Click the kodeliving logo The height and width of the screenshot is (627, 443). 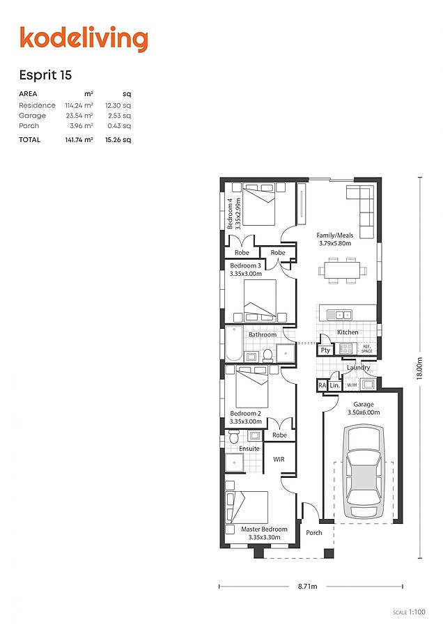pyautogui.click(x=84, y=39)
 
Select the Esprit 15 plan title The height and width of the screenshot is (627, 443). pyautogui.click(x=45, y=75)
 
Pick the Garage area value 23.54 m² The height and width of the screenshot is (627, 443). pyautogui.click(x=79, y=116)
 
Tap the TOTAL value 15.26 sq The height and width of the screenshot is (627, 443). pyautogui.click(x=118, y=140)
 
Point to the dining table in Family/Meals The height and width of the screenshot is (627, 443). pyautogui.click(x=342, y=271)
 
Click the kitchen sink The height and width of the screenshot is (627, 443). pyautogui.click(x=339, y=315)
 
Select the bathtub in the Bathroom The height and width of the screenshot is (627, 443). pyautogui.click(x=234, y=344)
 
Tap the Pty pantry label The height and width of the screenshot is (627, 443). pyautogui.click(x=325, y=350)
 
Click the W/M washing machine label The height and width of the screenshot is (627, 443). pyautogui.click(x=352, y=385)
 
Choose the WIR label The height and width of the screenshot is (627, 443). pyautogui.click(x=279, y=460)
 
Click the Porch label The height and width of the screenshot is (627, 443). pyautogui.click(x=314, y=533)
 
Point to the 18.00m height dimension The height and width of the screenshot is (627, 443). pyautogui.click(x=419, y=368)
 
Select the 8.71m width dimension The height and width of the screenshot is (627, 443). pyautogui.click(x=307, y=586)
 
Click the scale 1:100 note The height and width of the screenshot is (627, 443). pyautogui.click(x=410, y=612)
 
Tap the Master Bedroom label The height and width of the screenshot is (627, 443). pyautogui.click(x=264, y=529)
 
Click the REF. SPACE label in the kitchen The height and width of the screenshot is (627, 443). pyautogui.click(x=366, y=349)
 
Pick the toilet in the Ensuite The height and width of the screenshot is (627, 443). pyautogui.click(x=234, y=436)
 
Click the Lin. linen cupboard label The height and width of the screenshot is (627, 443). pyautogui.click(x=334, y=385)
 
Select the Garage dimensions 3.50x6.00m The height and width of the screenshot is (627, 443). pyautogui.click(x=364, y=412)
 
